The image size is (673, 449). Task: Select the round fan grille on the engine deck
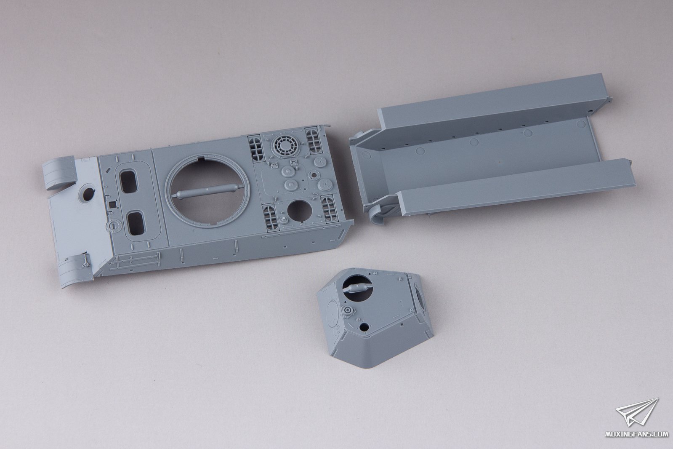point(283,145)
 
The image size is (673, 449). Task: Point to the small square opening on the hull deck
point(112,205)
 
